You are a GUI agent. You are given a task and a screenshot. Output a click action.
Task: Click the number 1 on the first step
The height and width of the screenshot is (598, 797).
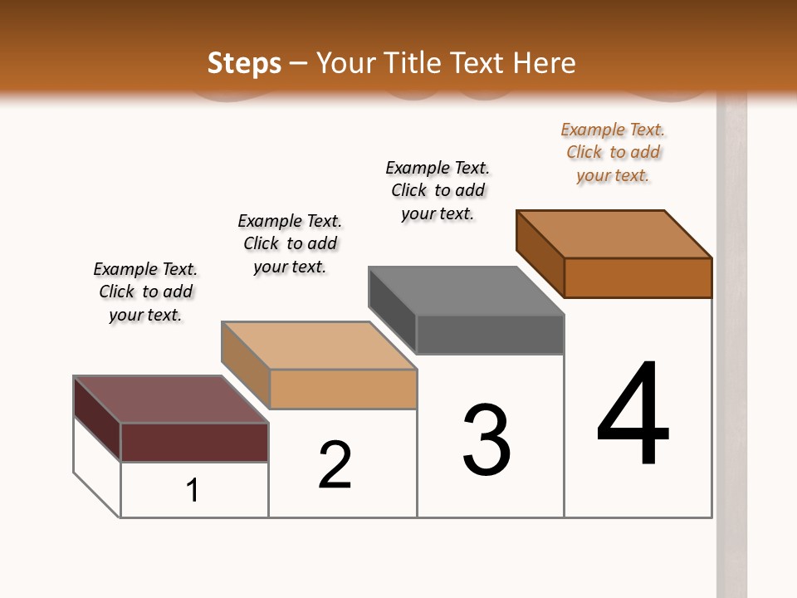coord(193,490)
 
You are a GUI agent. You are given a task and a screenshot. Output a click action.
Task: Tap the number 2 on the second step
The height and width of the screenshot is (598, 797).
coord(335,465)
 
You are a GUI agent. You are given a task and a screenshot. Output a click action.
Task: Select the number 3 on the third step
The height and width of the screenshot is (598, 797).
coord(487,441)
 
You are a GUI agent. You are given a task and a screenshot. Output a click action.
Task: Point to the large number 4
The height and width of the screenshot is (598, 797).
coord(633,415)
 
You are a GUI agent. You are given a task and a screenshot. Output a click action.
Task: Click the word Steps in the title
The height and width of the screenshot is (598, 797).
coord(244,63)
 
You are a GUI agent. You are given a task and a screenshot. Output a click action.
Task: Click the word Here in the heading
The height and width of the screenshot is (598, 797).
coord(545,63)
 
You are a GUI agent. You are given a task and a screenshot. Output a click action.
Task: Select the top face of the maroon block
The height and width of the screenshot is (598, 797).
coord(171,399)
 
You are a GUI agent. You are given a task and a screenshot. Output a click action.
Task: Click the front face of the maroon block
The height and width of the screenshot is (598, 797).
coord(194,442)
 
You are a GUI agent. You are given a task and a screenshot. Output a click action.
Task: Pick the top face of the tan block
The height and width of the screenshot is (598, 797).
coord(319,346)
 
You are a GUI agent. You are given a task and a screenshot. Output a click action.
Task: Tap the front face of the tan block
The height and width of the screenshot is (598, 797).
coord(343,389)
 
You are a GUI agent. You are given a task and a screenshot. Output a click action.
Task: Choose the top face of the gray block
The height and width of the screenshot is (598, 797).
coord(467,291)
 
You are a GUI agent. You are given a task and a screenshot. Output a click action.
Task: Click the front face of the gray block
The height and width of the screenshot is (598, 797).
coord(490,335)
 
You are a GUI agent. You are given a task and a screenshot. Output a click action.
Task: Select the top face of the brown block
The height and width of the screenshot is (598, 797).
coord(614,234)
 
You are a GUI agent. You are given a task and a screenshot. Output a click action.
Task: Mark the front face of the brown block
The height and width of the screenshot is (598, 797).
coord(638,277)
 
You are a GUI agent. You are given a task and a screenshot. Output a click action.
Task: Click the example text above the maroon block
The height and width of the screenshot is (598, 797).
coord(145,292)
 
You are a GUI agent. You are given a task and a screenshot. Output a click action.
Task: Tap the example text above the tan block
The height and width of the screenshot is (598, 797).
coord(290,243)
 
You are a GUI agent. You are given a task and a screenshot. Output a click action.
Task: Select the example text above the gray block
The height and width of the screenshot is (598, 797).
coord(438,190)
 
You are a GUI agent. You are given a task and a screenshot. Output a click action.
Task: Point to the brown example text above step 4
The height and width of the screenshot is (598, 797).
coord(613,152)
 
